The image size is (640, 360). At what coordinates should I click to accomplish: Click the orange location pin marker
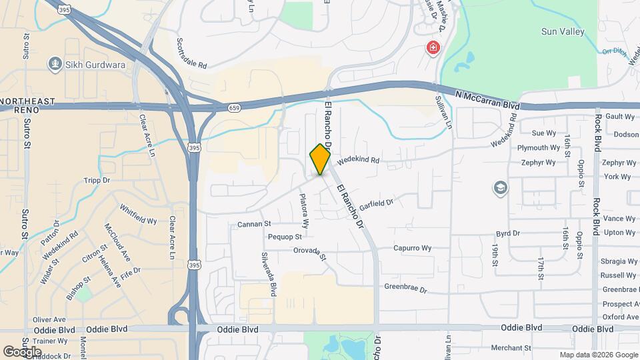pos(320,159)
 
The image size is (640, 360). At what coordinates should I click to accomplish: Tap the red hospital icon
pos(433,48)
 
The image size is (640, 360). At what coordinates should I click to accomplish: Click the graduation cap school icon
pos(499,188)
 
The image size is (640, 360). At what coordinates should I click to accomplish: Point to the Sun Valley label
pos(563,31)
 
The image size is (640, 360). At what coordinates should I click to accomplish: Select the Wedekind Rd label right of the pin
pos(358,161)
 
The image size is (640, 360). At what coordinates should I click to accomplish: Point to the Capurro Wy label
pos(412,248)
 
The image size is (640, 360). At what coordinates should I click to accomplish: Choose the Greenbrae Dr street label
pos(409,288)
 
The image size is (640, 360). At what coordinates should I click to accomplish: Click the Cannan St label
pos(254,225)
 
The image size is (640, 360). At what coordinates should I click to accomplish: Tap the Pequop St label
pos(285,237)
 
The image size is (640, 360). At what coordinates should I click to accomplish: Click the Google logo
pos(22,351)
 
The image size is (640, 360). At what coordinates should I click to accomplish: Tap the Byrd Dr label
pos(507,233)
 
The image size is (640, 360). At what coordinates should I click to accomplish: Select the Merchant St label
pos(511,348)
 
